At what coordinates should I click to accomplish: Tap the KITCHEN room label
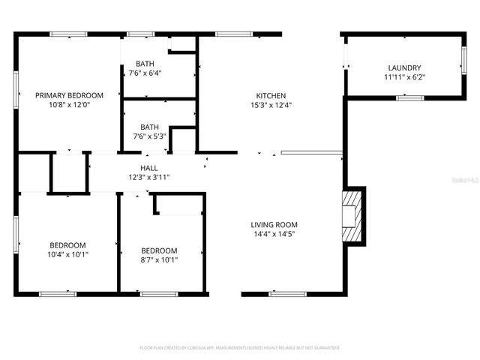271,95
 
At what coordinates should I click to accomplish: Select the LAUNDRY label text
404,67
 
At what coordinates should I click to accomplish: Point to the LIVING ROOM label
274,224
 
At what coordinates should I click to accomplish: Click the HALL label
149,168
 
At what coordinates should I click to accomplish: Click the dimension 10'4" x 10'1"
68,254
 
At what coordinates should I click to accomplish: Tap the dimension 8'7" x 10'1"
159,259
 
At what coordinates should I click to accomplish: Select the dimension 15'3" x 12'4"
271,105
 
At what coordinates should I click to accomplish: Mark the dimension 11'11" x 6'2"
404,76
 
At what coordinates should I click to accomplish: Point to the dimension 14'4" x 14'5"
274,234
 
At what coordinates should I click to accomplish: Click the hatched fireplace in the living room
352,216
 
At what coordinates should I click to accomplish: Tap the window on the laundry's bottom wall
409,97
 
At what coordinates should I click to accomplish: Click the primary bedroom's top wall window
68,34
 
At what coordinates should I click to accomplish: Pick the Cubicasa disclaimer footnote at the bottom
240,348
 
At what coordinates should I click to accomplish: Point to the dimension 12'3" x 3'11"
149,177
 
